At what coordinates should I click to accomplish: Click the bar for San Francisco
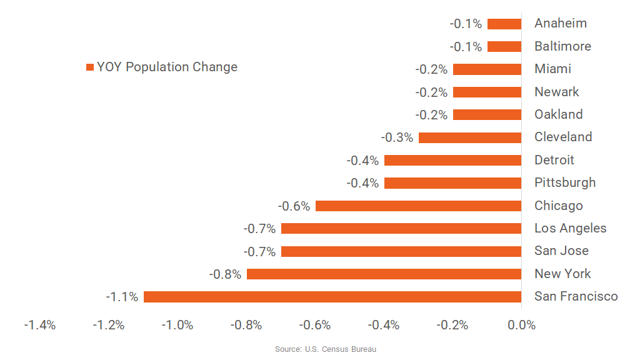(x=332, y=297)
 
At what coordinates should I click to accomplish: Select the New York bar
(x=384, y=274)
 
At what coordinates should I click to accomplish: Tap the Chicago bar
(x=418, y=206)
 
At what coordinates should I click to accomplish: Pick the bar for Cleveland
(x=469, y=137)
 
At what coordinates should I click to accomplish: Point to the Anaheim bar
(x=504, y=24)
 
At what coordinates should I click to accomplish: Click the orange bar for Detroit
(x=452, y=161)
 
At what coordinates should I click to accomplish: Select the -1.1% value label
(x=121, y=297)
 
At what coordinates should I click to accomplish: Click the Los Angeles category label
(x=570, y=228)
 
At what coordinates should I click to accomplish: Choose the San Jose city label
(x=561, y=251)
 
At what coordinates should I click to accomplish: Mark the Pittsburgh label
(x=565, y=182)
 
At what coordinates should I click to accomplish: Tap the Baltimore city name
(x=562, y=46)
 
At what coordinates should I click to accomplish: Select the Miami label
(x=552, y=69)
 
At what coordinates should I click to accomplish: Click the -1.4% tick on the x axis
(x=39, y=325)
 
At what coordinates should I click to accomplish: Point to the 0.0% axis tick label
(x=521, y=325)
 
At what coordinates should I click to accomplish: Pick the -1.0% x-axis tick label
(x=177, y=325)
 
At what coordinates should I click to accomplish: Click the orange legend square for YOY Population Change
(x=90, y=67)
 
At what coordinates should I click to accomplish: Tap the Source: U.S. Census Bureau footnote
(x=326, y=349)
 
